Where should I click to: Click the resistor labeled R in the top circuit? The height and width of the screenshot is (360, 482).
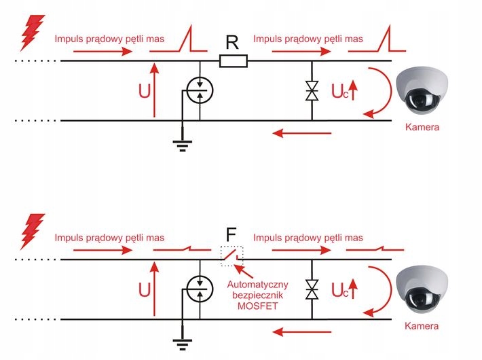[234, 62]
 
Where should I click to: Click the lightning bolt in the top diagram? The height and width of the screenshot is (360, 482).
[32, 33]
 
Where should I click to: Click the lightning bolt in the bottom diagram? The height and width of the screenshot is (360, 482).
[32, 232]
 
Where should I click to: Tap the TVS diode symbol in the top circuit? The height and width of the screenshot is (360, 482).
[312, 91]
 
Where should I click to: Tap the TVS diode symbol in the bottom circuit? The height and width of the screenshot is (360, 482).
[312, 289]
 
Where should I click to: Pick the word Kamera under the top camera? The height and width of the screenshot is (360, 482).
[422, 126]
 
